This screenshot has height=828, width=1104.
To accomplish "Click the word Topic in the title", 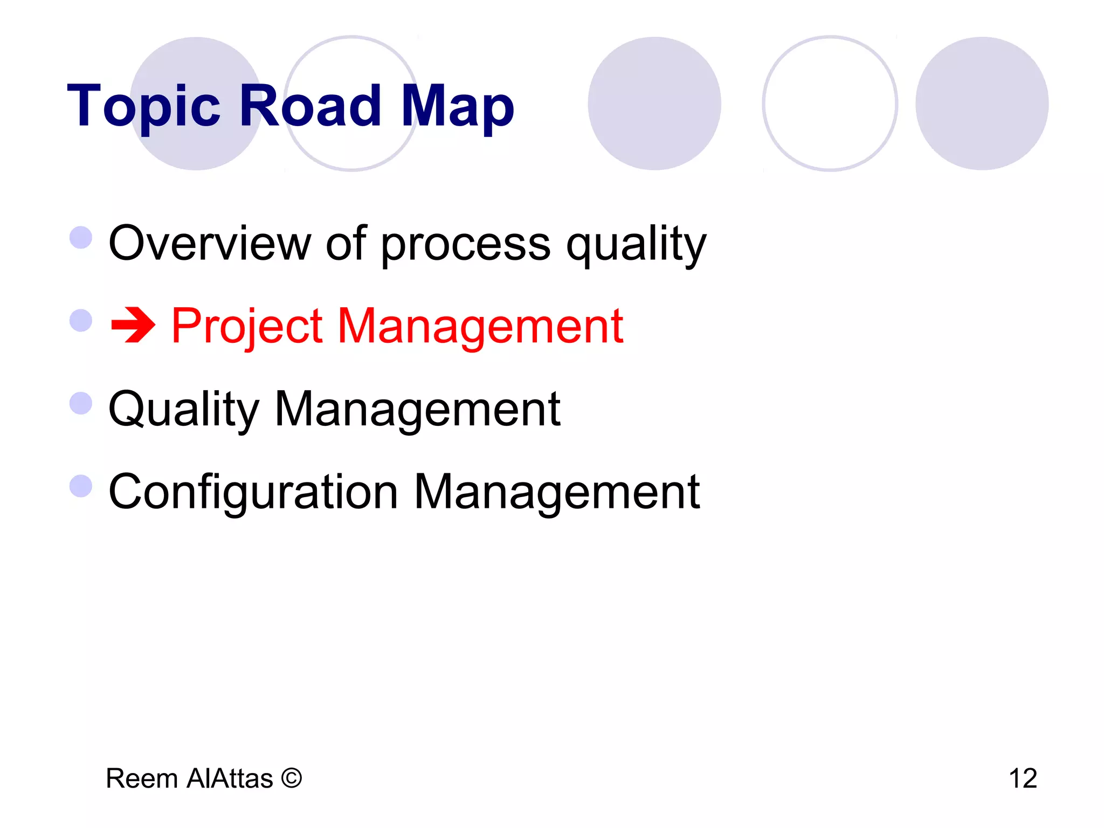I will (x=143, y=106).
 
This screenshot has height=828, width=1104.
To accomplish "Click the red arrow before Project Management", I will (x=133, y=325).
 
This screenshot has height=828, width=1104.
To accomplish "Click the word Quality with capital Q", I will (x=184, y=410).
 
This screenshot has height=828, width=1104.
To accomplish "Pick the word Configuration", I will (x=253, y=492).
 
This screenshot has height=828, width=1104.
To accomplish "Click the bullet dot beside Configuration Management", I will (x=81, y=486).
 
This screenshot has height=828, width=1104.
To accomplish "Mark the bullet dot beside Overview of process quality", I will (x=81, y=237).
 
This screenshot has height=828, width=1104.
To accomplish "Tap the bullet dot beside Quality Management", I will (x=81, y=403).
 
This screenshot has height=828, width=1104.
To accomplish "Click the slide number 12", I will (x=1023, y=778).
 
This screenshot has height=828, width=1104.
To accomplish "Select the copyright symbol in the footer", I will (x=292, y=778).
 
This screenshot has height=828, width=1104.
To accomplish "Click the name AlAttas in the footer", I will (x=230, y=778).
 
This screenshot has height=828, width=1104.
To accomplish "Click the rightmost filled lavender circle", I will (x=982, y=103).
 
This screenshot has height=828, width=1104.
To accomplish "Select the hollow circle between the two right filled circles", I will (x=830, y=103).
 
